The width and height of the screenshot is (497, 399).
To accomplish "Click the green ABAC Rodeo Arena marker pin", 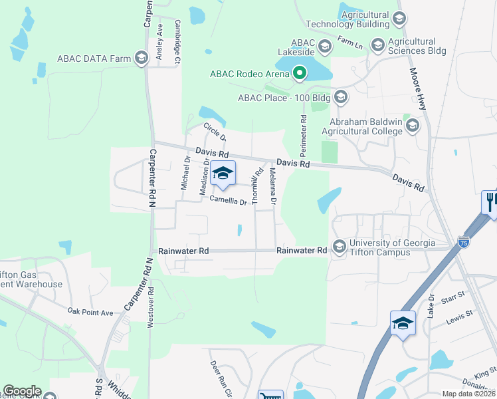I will (x=300, y=73).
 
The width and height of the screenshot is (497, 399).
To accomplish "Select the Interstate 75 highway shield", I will (x=464, y=242).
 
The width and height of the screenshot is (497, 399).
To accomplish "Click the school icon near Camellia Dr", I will (x=223, y=174).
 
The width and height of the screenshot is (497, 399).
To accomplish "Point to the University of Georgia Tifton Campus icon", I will (x=339, y=246).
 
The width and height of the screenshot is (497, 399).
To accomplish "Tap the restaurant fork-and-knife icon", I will (x=490, y=201).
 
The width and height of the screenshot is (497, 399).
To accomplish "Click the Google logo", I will (x=22, y=391).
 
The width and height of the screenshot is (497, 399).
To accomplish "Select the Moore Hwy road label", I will (x=420, y=88).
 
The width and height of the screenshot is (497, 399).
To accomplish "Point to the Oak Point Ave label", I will (x=90, y=311).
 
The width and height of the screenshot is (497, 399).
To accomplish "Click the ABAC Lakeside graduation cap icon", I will (x=325, y=46).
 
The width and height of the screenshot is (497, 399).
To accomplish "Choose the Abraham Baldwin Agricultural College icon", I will (x=413, y=126).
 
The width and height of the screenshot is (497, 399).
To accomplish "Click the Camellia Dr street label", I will (x=229, y=199).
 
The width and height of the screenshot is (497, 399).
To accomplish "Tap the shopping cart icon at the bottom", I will (x=270, y=396).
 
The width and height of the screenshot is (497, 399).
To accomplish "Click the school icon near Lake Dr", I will (x=403, y=323).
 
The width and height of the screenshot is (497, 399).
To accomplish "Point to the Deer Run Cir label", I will (x=219, y=378).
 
